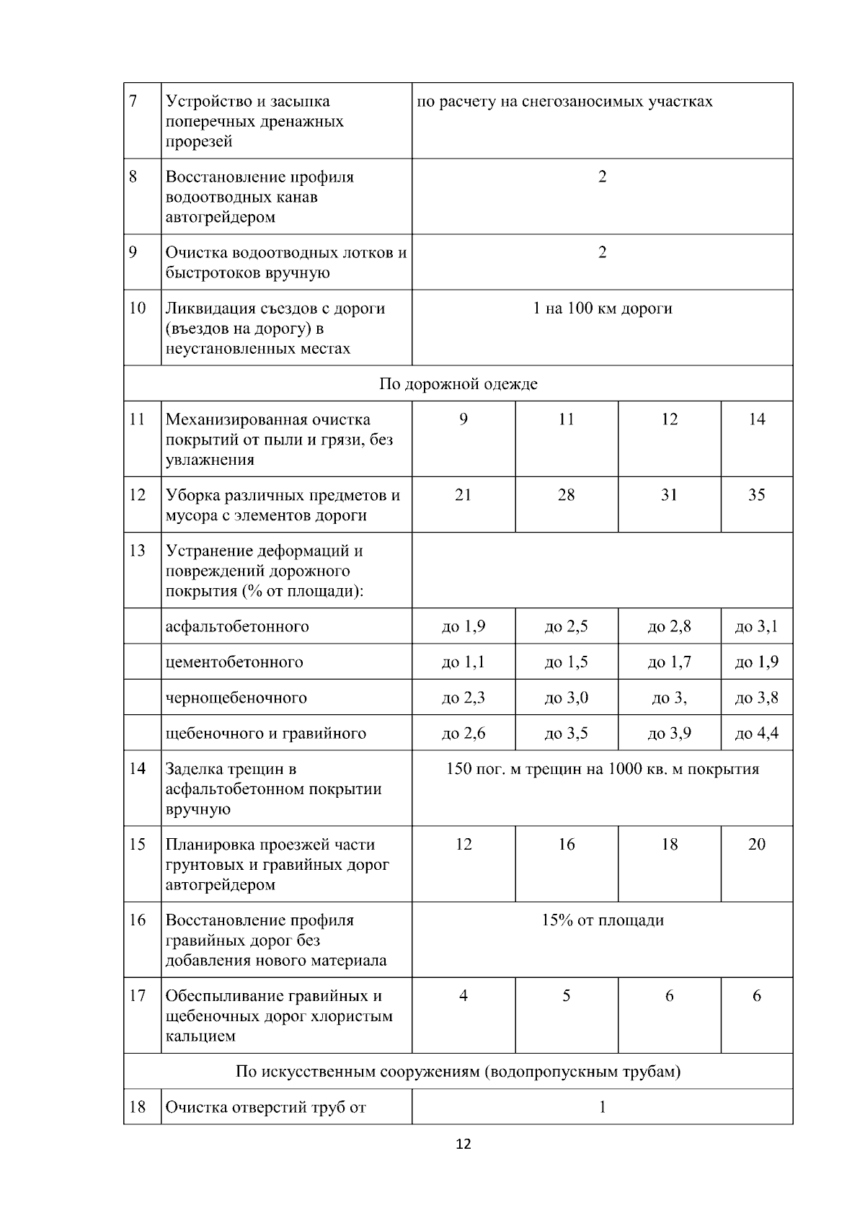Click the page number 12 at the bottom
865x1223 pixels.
pos(463,1144)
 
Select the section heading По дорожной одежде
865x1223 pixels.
pos(458,383)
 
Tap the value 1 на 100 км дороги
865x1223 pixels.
pos(602,308)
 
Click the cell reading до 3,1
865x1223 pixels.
pos(756,626)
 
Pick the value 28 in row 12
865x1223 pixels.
pos(566,495)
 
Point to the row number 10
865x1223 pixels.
pos(137,308)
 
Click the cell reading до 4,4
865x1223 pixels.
pos(756,734)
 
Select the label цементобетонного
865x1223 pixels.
pos(234,662)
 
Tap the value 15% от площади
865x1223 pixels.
pos(602,920)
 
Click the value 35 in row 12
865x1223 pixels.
pos(756,495)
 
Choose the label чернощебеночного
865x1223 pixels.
pos(236,698)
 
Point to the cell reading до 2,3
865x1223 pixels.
pos(463,698)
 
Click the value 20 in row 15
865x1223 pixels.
pos(756,845)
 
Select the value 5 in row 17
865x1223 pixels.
pos(566,996)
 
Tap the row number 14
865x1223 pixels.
pos(137,769)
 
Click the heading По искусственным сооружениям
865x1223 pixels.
pos(458,1072)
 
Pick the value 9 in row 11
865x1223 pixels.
pos(463,419)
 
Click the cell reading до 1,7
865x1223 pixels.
pos(669,662)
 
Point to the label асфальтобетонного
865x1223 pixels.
pos(237,626)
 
